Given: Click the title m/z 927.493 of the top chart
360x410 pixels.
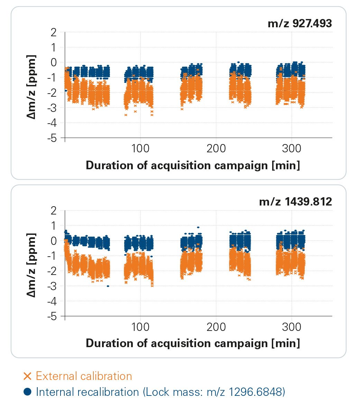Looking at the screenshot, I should pyautogui.click(x=299, y=23).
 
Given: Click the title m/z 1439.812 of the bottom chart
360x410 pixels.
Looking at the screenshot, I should pyautogui.click(x=295, y=202).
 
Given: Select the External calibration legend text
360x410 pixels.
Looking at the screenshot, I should pyautogui.click(x=84, y=376).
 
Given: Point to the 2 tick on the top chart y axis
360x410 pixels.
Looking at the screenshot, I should pyautogui.click(x=53, y=32).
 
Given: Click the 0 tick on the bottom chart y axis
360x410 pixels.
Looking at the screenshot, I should pyautogui.click(x=53, y=241).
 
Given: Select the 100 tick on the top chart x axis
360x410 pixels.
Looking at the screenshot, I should pyautogui.click(x=140, y=149).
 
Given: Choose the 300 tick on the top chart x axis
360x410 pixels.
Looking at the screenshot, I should pyautogui.click(x=291, y=149).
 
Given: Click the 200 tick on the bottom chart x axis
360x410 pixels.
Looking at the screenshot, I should pyautogui.click(x=216, y=327).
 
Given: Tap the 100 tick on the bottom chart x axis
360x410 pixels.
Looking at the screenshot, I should pyautogui.click(x=140, y=327).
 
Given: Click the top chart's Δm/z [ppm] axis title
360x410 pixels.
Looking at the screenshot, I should pyautogui.click(x=32, y=86).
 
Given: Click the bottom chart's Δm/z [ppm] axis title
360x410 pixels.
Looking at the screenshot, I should pyautogui.click(x=32, y=264).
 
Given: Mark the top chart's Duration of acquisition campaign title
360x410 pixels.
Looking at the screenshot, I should pyautogui.click(x=193, y=165).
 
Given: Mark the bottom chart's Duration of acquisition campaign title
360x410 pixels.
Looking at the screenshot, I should pyautogui.click(x=193, y=343).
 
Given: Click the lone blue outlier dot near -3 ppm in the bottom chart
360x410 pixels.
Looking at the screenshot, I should pyautogui.click(x=108, y=286).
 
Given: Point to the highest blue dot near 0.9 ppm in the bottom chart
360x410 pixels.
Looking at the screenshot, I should pyautogui.click(x=198, y=227).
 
